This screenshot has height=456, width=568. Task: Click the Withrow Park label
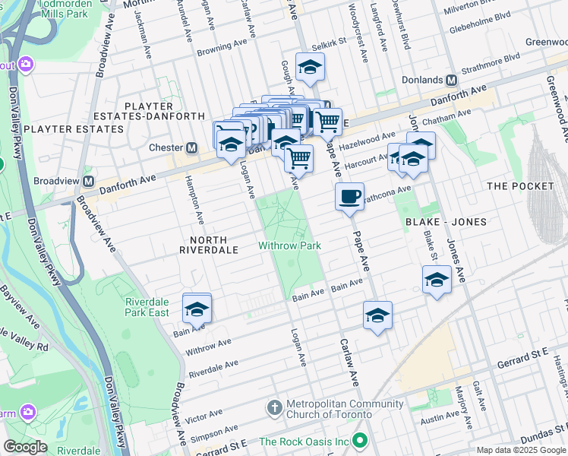289,245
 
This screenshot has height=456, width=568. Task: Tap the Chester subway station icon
192,147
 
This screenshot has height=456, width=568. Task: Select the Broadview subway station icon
89,182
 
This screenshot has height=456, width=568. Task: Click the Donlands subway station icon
451,80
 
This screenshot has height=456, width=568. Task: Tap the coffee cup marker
349,198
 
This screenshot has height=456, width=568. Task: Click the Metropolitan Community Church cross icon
275,409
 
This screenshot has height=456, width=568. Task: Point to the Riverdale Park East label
147,306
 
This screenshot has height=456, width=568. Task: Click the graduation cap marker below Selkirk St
310,69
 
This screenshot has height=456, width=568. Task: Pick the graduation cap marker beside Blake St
437,280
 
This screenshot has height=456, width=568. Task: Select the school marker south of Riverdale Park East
197,309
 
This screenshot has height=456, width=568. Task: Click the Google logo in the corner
25,447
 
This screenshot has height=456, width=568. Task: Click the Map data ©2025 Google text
520,450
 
